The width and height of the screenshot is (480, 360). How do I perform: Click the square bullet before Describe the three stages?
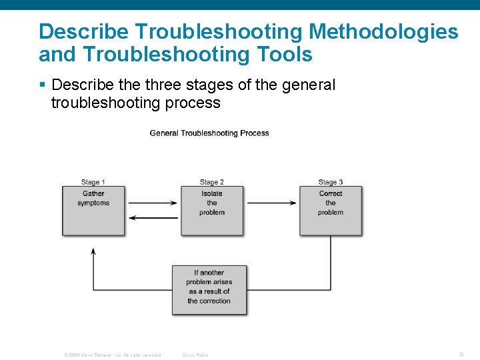pos(43,85)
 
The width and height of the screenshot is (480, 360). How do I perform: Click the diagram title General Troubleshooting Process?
pos(209,133)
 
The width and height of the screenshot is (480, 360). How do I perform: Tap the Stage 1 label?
pos(93,182)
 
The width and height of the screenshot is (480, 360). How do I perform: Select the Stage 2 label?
pos(211,182)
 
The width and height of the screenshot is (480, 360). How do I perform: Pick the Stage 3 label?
pos(330,182)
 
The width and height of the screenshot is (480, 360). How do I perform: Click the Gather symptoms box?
pos(93,210)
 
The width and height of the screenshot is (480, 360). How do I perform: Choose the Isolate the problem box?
pos(212,210)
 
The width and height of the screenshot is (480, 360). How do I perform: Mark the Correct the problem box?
pos(331,210)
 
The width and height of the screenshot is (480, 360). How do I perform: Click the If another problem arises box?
pos(209,290)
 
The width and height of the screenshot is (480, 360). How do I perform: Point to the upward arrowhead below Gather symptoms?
pos(93,251)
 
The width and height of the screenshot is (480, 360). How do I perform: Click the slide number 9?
pos(461,355)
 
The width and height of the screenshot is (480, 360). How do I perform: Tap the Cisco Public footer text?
pos(195,355)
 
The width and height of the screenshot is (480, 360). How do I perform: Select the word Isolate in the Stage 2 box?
pos(212,194)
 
